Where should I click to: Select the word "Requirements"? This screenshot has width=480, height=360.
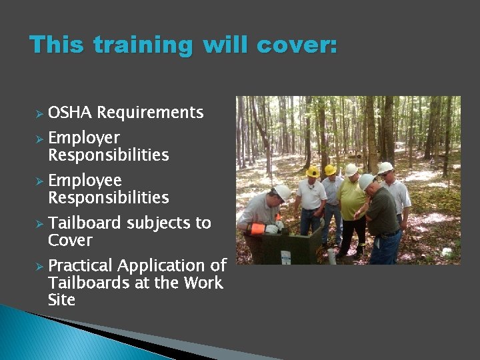pos(150,113)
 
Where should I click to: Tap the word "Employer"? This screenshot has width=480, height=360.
pos(84,138)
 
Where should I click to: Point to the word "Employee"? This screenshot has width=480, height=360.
pos(85,181)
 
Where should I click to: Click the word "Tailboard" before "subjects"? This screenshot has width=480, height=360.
pos(84,223)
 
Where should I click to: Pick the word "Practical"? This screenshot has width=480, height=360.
pos(84,265)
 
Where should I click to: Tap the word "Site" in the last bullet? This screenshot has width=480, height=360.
pos(61,300)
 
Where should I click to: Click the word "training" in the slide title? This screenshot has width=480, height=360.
pos(142,45)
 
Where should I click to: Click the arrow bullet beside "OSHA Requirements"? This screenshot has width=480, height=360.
pos(39,113)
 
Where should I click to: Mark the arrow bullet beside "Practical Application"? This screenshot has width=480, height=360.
pos(39,266)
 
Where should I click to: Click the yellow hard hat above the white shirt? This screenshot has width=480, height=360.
pos(312,172)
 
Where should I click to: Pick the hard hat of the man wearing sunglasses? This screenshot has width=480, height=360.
pos(385,167)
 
